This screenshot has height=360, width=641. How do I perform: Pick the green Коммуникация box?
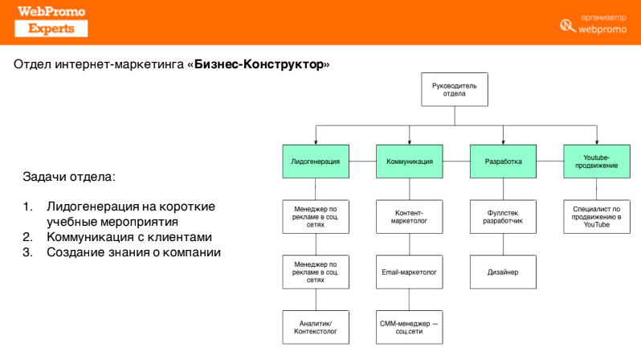click(x=409, y=162)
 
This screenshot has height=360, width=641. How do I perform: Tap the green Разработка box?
click(x=503, y=162)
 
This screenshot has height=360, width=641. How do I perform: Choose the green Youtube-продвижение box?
click(x=596, y=162)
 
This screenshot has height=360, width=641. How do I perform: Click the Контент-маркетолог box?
click(x=409, y=215)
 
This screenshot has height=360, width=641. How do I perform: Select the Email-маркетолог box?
click(x=409, y=272)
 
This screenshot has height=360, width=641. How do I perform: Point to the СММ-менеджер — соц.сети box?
click(x=409, y=327)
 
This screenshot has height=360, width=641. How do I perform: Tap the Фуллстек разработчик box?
click(x=503, y=215)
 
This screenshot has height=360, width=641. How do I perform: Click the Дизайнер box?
click(x=503, y=272)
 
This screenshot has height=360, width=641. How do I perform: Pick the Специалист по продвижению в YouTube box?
click(x=596, y=215)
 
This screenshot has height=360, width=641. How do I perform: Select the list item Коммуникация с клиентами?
click(x=129, y=237)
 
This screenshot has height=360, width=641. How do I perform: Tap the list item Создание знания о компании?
click(x=133, y=253)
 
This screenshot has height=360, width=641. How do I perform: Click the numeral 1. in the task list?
click(x=28, y=207)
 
